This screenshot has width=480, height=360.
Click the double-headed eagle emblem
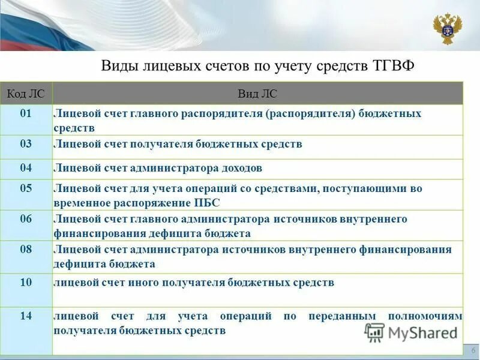[448, 28]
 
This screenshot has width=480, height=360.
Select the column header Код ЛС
[26, 94]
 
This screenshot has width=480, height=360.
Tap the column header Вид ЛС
[257, 94]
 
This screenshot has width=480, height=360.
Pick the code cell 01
[26, 113]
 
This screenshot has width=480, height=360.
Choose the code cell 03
[26, 144]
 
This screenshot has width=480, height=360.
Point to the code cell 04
[26, 168]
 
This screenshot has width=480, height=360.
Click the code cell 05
[26, 188]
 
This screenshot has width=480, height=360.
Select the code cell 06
[26, 219]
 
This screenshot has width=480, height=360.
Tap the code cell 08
[26, 249]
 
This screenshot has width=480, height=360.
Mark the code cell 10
[26, 281]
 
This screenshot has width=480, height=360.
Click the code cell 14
[26, 316]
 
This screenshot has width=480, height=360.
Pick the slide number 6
[473, 350]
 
